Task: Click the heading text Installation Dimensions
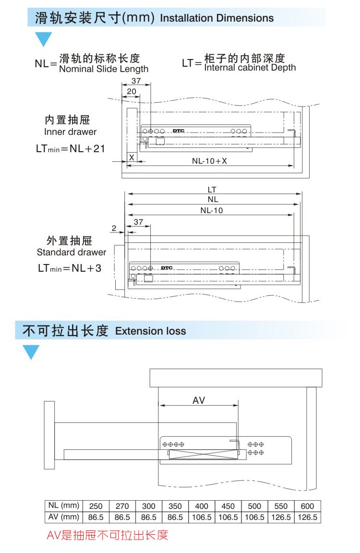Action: (x=216, y=18)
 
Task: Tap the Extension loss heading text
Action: (x=150, y=331)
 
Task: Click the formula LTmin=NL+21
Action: (x=70, y=148)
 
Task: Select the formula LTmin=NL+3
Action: (x=70, y=268)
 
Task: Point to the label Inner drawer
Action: (x=70, y=132)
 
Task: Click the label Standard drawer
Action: (x=72, y=252)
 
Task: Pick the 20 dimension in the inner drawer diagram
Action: (x=131, y=91)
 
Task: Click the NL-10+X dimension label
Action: (x=209, y=161)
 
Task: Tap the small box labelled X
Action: (x=132, y=157)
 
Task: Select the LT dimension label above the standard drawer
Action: (x=212, y=190)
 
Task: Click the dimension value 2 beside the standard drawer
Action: (x=114, y=228)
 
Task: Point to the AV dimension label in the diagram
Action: (x=199, y=400)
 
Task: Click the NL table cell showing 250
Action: (x=96, y=506)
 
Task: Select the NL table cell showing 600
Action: (x=307, y=506)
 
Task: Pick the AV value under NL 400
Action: (x=202, y=517)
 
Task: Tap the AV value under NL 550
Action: (x=281, y=517)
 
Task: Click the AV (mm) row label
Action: (x=63, y=517)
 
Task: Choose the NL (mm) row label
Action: (x=63, y=505)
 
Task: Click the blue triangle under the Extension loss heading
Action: (x=32, y=352)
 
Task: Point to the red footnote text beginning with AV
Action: (x=108, y=535)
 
